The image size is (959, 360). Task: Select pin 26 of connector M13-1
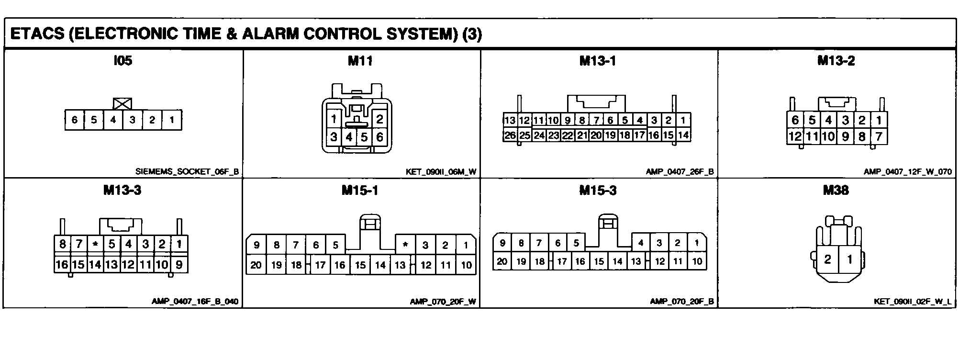510,135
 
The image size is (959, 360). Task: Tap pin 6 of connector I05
75,120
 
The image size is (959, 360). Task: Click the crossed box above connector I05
123,104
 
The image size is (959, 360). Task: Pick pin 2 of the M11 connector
379,119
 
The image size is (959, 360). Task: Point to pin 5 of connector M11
364,137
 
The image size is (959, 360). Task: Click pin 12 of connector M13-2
795,136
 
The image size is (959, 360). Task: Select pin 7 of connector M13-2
879,136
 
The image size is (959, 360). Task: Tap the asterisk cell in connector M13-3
95,244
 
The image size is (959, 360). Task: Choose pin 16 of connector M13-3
62,264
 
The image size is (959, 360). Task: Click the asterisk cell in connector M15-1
405,245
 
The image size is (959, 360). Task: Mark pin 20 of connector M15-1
256,265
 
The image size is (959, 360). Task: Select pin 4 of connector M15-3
640,243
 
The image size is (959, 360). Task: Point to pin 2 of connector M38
827,260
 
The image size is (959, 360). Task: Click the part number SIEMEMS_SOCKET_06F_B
187,171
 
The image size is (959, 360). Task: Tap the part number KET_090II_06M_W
441,171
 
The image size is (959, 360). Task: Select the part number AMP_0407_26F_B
680,171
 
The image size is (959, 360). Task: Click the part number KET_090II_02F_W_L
913,302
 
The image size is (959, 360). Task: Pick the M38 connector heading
836,191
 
